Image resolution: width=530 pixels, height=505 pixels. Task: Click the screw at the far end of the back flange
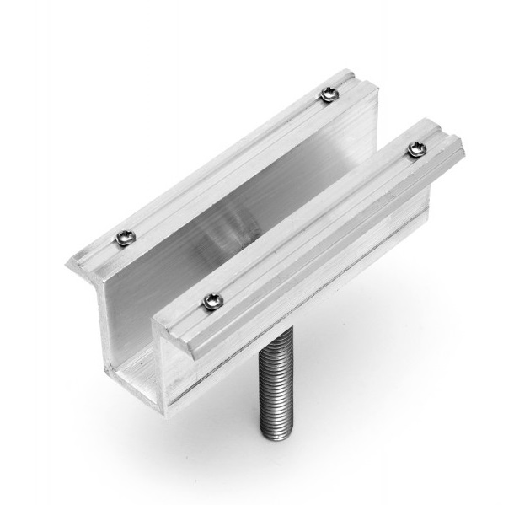(x=328, y=94)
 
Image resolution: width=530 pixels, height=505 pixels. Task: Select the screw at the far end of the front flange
(x=415, y=149)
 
